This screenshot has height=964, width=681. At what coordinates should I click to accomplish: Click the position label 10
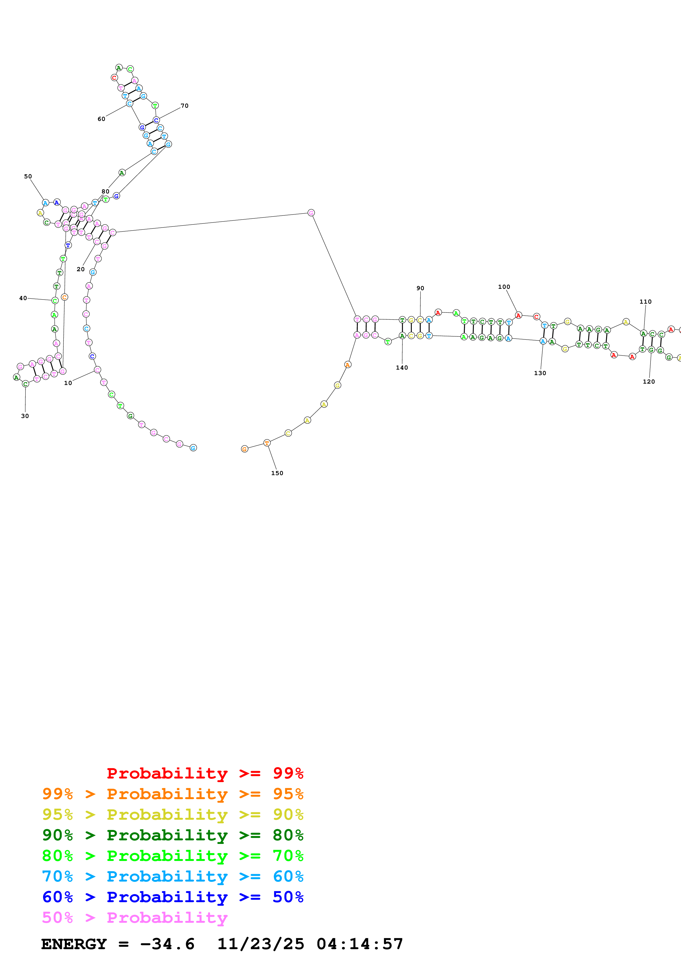[x=68, y=383]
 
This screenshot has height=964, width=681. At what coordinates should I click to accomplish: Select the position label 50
[x=28, y=176]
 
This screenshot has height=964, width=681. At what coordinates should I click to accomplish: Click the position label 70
[x=185, y=106]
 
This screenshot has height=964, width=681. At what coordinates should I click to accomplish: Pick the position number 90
[x=420, y=288]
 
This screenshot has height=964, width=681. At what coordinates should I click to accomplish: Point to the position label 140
[x=402, y=367]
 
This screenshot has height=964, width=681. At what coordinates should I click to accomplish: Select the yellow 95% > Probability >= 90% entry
[x=173, y=814]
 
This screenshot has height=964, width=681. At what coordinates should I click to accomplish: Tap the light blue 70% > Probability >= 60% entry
[x=173, y=876]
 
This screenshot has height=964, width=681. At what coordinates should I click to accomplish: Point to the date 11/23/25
[x=261, y=944]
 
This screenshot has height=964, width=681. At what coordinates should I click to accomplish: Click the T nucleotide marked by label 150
[x=267, y=443]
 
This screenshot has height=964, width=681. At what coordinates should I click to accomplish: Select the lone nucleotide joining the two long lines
[x=311, y=213]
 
